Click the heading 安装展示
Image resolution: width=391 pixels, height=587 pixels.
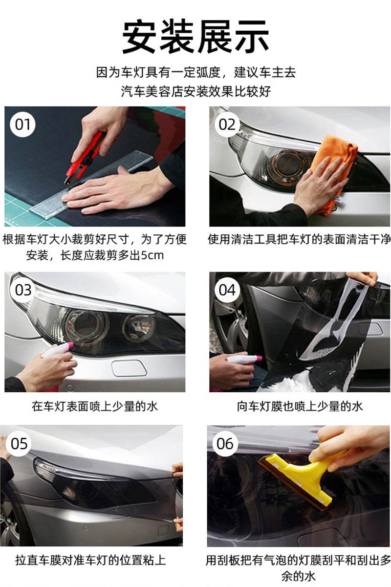point(195,37)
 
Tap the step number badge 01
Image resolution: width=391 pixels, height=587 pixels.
point(22,124)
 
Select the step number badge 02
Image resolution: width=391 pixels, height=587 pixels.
point(227,124)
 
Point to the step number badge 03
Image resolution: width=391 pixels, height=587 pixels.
point(23,290)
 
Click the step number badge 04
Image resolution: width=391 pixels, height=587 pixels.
point(227,290)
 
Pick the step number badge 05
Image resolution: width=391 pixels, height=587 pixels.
point(19,444)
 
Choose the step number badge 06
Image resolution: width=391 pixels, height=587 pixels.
point(225,444)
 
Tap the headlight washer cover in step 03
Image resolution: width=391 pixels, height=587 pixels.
point(129,368)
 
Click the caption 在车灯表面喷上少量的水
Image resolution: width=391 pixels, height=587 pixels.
point(95,406)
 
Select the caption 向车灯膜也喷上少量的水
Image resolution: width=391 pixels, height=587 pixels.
point(300,406)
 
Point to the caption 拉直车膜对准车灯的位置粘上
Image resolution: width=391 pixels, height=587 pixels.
point(90,560)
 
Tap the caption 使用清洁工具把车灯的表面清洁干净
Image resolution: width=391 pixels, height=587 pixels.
point(299,239)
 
